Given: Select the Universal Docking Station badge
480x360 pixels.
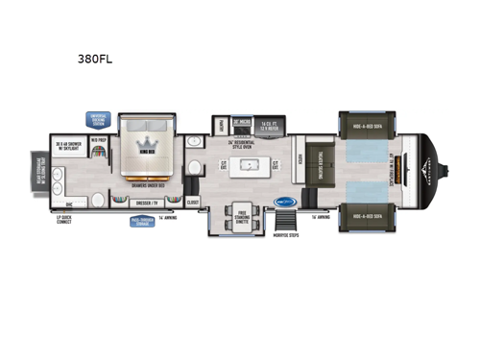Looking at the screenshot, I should (98, 118).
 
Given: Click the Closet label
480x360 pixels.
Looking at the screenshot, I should (192, 203).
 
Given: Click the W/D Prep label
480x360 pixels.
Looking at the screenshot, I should (98, 139).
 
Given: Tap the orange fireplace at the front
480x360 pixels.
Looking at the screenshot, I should (401, 171).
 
